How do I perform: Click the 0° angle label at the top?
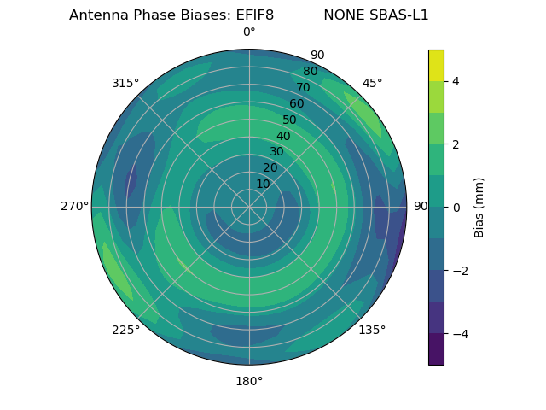pos(249,32)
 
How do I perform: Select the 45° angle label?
pos(373,83)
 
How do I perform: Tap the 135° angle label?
pos(372,330)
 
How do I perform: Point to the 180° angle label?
pos(249,381)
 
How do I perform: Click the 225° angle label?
pos(125,330)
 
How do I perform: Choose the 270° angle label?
pos(74,206)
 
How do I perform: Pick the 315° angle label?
pos(125,83)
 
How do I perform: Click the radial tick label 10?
pos(264,184)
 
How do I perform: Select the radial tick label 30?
pos(277,152)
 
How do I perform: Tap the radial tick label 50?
pos(290,120)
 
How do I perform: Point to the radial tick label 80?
pos(310,72)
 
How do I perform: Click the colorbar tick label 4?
pos(456,81)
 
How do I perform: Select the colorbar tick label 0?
pos(456,207)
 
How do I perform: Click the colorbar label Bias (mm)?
pos(479,207)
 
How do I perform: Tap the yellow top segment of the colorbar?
pos(436,65)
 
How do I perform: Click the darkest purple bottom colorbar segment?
pos(436,349)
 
